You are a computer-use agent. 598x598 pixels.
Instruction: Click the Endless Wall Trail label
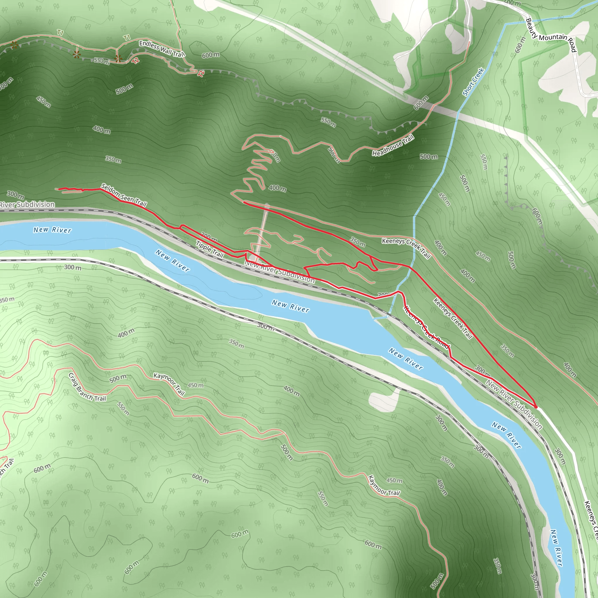[161, 49]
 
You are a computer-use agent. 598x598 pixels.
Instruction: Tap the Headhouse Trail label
[393, 145]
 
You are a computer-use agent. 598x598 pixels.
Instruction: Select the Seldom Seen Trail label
[124, 195]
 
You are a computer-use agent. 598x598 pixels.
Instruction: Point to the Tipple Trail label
[210, 249]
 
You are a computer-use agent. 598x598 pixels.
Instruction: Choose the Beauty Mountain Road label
[551, 36]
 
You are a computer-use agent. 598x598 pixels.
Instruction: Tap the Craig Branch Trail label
[87, 387]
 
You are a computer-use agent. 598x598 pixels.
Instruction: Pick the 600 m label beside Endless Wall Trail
[211, 55]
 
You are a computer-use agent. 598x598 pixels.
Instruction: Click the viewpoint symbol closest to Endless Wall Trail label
[118, 58]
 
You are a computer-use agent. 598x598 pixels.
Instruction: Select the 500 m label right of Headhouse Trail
[429, 157]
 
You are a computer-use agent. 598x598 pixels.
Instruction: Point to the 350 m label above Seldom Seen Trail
[113, 159]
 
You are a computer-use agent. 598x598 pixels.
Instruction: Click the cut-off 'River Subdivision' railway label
[27, 205]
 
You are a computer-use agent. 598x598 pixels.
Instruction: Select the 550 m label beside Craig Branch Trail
[123, 408]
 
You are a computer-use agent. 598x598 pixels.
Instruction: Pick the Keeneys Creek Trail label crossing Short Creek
[406, 248]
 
